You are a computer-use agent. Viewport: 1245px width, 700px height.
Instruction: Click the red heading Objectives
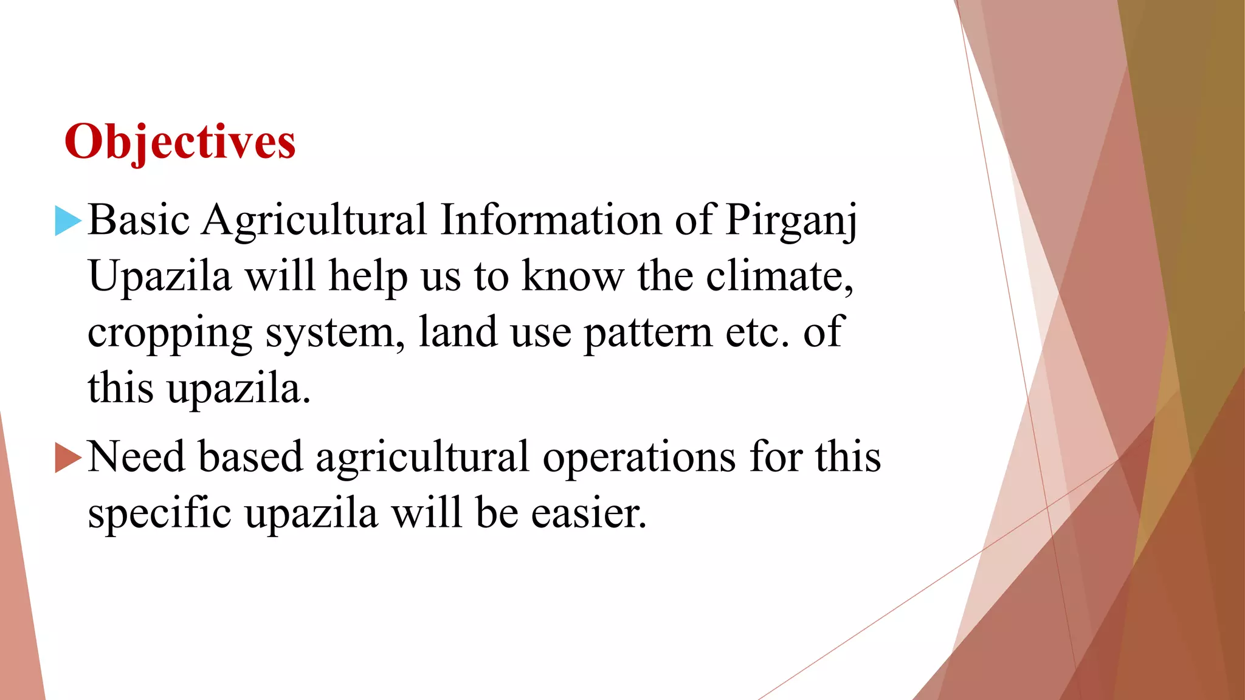(x=180, y=142)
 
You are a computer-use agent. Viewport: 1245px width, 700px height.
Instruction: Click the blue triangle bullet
(x=67, y=221)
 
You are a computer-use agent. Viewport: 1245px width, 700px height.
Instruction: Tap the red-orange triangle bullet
(x=67, y=457)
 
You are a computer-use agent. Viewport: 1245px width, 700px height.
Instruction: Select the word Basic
(x=139, y=219)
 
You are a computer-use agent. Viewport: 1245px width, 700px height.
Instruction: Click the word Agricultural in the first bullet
(x=314, y=221)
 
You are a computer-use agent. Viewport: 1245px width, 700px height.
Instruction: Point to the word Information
(x=551, y=219)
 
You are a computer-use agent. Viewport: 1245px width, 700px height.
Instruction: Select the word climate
(x=779, y=276)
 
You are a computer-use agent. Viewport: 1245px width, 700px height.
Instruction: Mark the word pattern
(x=648, y=333)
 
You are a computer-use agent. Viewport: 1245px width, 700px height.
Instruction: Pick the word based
(x=250, y=456)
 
